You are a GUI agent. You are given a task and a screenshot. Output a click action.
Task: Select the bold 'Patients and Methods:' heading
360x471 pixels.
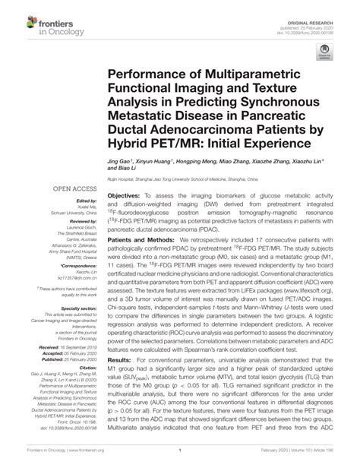pos(144,238)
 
